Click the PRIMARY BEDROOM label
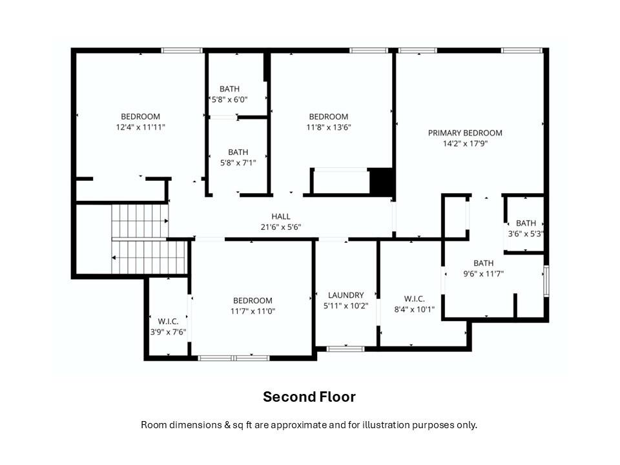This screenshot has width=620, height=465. [x=465, y=133]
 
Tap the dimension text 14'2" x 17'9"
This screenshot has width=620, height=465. [x=465, y=143]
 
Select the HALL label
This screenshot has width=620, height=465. [x=281, y=216]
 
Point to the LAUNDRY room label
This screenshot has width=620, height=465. [x=346, y=295]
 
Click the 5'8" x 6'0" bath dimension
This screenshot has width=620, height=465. [x=229, y=99]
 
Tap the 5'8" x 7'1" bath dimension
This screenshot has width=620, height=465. [x=238, y=163]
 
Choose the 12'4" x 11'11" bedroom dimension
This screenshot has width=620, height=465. [x=140, y=127]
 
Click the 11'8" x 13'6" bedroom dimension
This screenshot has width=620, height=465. [x=329, y=127]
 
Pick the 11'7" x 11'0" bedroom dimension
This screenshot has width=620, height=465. [x=253, y=311]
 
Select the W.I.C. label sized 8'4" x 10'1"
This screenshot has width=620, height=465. [x=415, y=299]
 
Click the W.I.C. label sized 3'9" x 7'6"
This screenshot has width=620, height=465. [x=168, y=322]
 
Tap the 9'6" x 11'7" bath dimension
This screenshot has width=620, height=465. [x=484, y=274]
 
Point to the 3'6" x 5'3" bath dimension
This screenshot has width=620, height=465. [x=526, y=234]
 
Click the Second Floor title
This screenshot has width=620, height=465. [x=309, y=397]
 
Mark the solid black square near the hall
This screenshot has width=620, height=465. [x=381, y=182]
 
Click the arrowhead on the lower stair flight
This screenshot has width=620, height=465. [x=114, y=258]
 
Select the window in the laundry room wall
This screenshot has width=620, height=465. [x=345, y=349]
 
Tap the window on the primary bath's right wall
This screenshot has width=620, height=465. [x=546, y=281]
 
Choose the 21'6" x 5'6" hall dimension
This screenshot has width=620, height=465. [x=281, y=227]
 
